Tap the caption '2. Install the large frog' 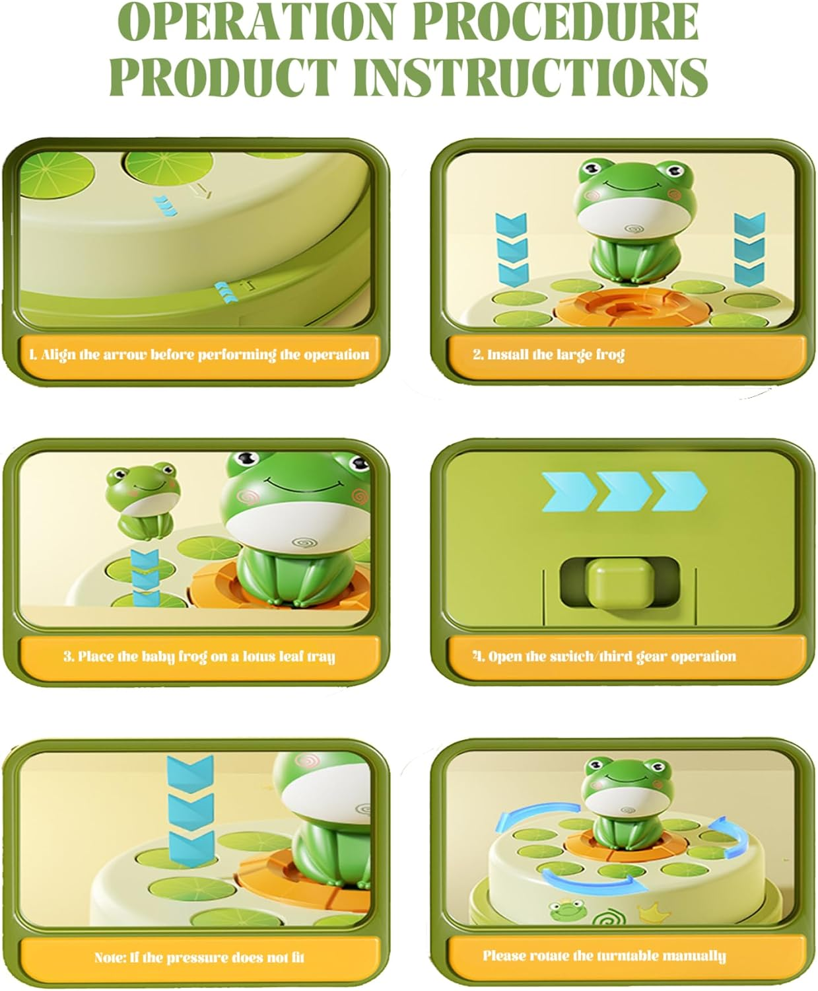(x=548, y=355)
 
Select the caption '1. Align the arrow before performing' (x=198, y=355)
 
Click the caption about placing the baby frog (x=199, y=657)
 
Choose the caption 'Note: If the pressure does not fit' (x=199, y=957)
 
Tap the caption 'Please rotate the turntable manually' (x=603, y=956)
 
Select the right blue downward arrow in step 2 (x=749, y=246)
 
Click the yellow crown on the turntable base (x=648, y=914)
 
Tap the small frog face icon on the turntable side (x=565, y=913)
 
